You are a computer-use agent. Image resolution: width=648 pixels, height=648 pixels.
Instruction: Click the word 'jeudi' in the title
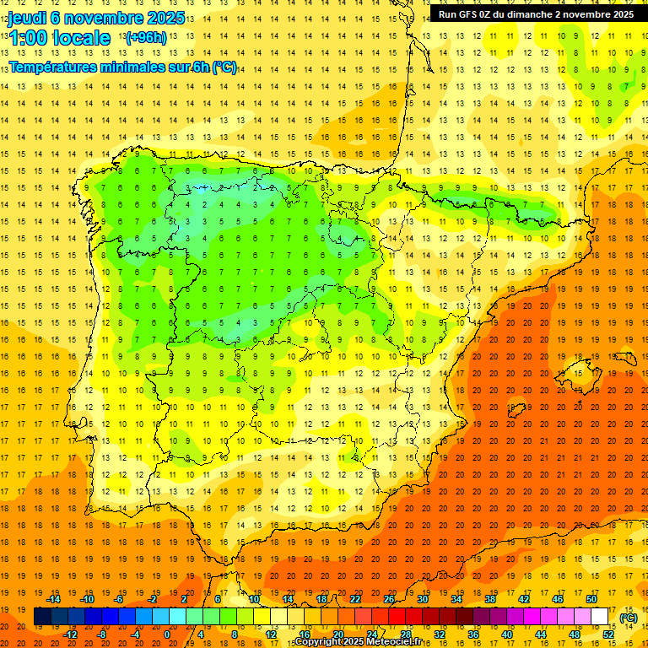(x=28, y=17)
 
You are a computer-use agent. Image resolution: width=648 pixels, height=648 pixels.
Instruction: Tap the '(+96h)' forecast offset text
(x=145, y=38)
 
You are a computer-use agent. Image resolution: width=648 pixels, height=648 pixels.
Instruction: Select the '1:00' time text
(x=28, y=38)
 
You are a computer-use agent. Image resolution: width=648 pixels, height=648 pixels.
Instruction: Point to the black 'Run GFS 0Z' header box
(x=537, y=14)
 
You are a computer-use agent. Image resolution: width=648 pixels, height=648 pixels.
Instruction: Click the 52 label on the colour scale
(x=608, y=634)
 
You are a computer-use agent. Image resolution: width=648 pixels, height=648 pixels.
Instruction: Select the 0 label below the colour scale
(x=167, y=634)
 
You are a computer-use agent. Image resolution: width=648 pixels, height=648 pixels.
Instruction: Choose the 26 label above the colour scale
(x=389, y=599)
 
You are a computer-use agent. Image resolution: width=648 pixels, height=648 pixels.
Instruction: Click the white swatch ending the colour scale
(x=600, y=617)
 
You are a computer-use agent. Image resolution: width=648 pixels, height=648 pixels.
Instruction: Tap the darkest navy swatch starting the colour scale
(x=42, y=617)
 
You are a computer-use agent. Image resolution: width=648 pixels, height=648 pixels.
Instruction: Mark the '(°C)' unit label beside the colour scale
(x=629, y=617)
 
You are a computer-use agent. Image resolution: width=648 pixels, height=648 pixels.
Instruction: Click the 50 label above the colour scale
(x=591, y=599)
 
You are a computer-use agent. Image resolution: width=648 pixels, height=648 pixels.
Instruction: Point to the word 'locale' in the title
(x=81, y=38)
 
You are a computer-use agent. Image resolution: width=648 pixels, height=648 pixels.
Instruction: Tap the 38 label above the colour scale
(x=490, y=599)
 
